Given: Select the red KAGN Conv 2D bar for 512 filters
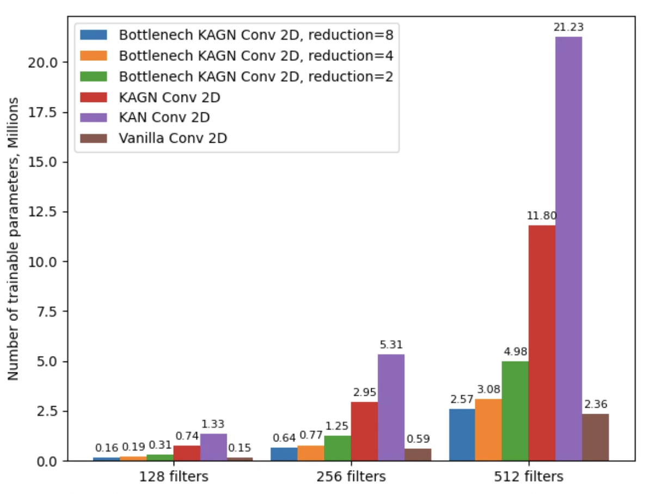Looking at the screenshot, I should coord(542,343).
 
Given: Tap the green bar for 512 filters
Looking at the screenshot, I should coord(515,411).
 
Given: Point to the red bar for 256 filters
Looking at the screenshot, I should coord(364,431).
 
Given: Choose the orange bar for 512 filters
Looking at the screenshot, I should coord(488,430).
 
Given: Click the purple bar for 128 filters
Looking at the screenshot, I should coord(213,447).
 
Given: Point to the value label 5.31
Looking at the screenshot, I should coord(391,345).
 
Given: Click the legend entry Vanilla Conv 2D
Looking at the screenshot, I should coord(173,138).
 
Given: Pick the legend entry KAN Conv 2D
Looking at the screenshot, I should coord(164,117).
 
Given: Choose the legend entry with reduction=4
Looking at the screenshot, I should coord(256,56).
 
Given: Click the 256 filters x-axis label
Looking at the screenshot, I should coord(351,477).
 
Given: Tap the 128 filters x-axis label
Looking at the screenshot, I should coord(174,477).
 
